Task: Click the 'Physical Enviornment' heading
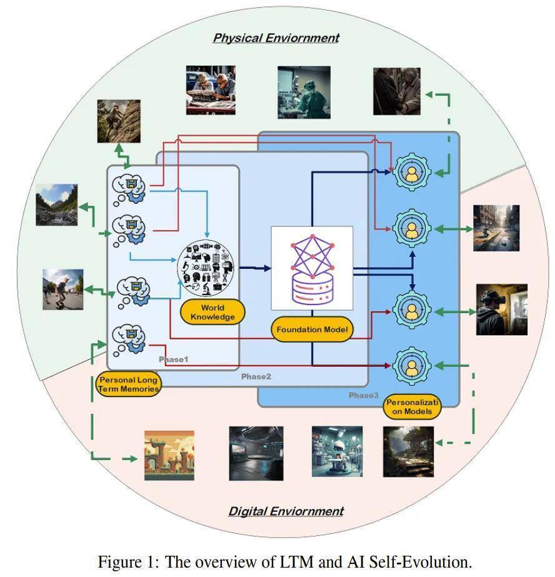click(x=276, y=38)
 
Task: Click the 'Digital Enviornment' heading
click(x=286, y=511)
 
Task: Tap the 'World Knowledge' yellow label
click(x=212, y=312)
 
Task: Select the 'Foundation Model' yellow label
click(x=312, y=329)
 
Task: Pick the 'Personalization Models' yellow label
click(x=412, y=407)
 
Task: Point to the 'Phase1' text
click(x=172, y=359)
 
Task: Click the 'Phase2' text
click(x=256, y=376)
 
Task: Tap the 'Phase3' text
click(x=364, y=395)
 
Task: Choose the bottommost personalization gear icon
click(x=411, y=365)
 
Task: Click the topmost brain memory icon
click(x=129, y=186)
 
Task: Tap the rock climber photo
click(x=119, y=121)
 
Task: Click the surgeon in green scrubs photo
click(x=304, y=93)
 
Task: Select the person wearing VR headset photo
click(x=501, y=309)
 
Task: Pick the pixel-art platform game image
click(x=169, y=455)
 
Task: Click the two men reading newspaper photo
click(x=211, y=90)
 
